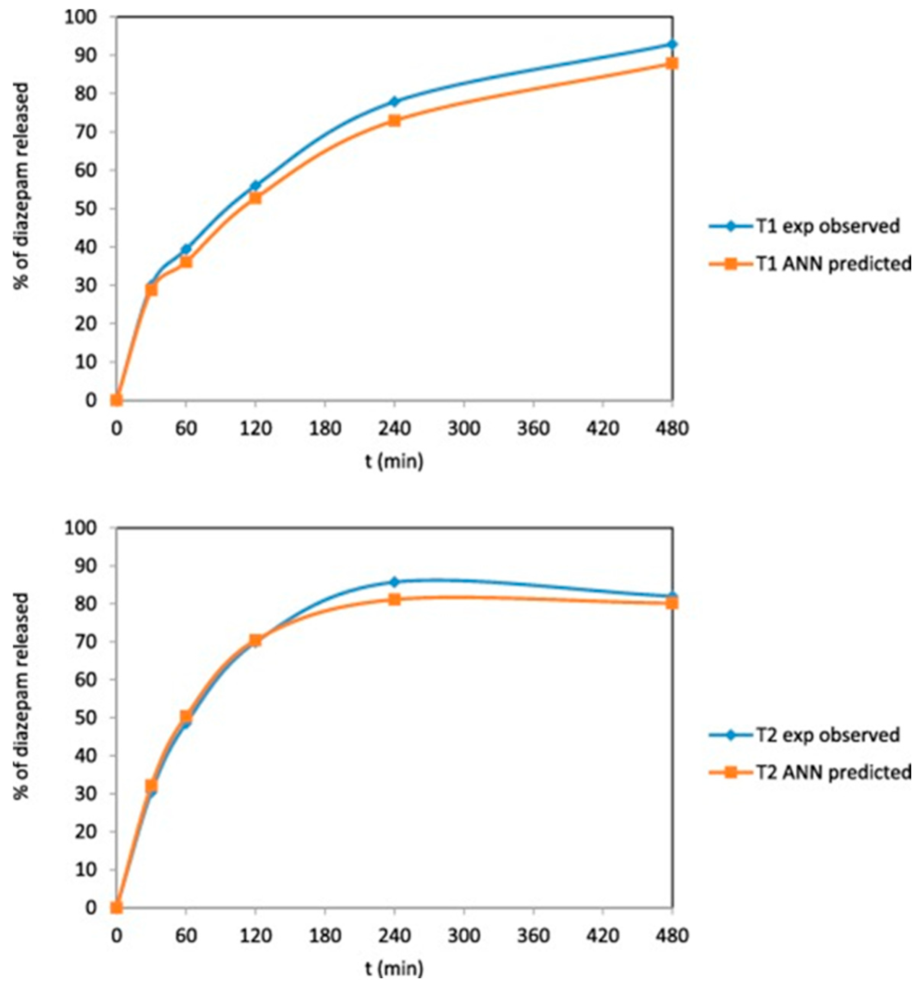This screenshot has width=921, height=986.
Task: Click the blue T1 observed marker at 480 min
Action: pos(672,44)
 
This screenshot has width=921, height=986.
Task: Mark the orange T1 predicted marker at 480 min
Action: pos(672,63)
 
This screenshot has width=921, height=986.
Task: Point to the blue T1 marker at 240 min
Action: pos(395,101)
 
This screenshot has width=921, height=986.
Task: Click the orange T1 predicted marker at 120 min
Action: pos(255,198)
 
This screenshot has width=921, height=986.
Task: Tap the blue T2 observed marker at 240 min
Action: pos(395,581)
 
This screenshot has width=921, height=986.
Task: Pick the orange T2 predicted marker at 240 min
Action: pos(395,600)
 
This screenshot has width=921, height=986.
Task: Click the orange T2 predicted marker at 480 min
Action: pos(672,603)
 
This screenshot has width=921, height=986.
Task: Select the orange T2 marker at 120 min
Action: pos(255,640)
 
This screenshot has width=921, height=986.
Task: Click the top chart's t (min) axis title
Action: pos(395,461)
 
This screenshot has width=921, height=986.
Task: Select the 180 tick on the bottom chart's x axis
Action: pos(325,936)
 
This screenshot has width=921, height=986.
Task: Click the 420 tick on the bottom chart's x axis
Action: pos(602,936)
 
